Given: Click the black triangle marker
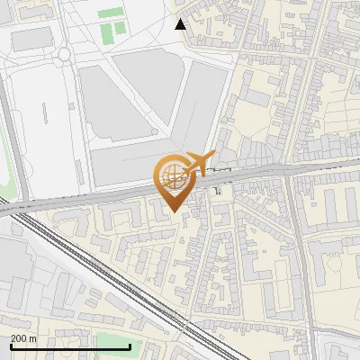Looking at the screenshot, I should click(181, 24).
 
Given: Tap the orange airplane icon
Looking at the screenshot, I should click(200, 164).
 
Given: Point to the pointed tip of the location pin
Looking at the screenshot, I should click(171, 211).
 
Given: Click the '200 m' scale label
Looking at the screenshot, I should click(24, 337).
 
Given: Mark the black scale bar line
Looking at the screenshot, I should click(70, 346).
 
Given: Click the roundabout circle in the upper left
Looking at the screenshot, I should click(64, 54).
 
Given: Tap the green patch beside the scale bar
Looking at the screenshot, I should click(112, 339).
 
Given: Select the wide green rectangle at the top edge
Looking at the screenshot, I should click(111, 13).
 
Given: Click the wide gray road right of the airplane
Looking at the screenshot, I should click(261, 171).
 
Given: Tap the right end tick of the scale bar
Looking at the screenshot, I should click(130, 346).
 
